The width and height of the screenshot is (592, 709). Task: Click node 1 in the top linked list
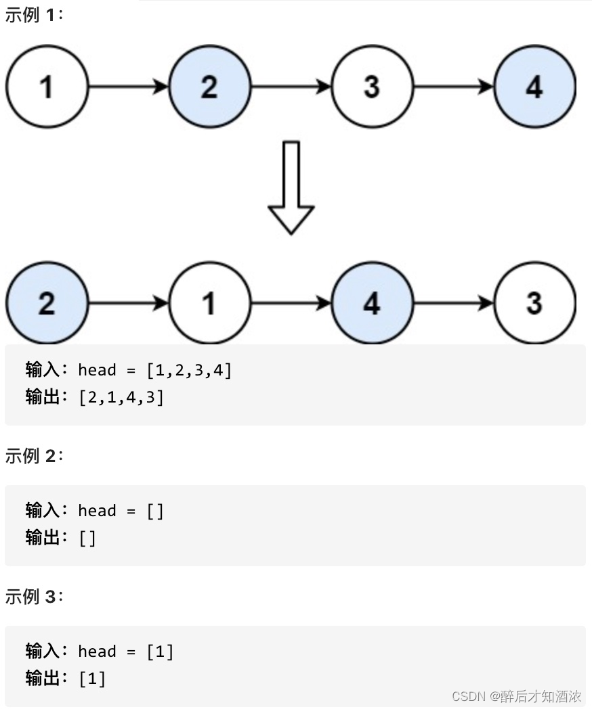(47, 87)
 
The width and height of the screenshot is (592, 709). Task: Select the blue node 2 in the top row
(209, 87)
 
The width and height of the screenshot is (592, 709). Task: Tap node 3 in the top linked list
(372, 87)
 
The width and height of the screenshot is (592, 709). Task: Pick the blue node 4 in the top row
(534, 87)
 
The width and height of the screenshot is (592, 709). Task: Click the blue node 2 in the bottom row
(47, 303)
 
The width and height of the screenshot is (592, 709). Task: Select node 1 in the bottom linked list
(209, 303)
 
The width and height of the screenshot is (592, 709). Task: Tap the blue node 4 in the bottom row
(372, 303)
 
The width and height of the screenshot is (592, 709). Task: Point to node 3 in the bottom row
(534, 303)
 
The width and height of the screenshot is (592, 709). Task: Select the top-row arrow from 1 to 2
(128, 87)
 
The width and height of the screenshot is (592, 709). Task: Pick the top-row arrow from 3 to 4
(453, 87)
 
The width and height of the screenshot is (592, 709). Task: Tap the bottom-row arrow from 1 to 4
(291, 303)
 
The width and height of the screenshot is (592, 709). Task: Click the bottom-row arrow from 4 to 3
(453, 303)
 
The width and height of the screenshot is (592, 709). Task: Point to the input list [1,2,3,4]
(189, 370)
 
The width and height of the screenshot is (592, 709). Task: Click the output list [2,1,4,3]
(121, 398)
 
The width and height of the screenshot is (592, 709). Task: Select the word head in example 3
(97, 651)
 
